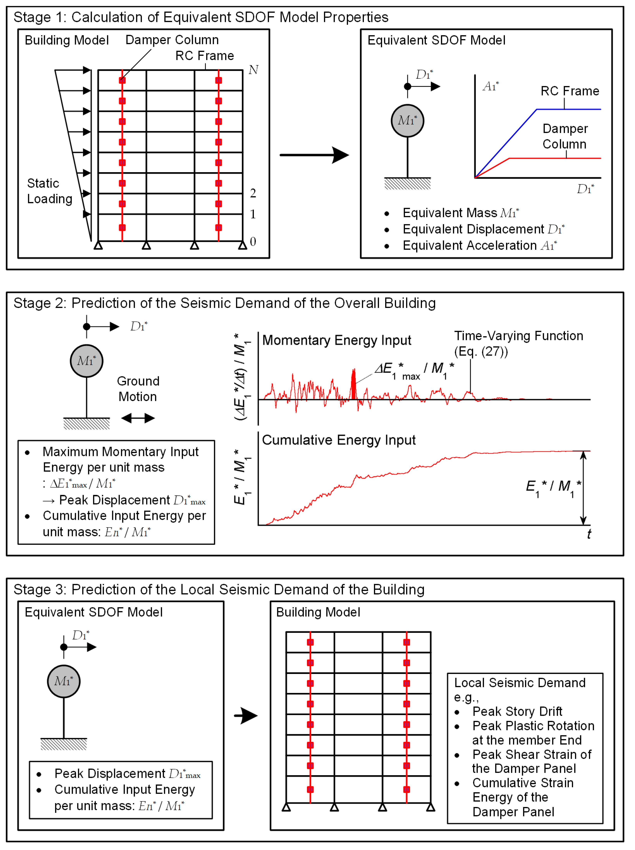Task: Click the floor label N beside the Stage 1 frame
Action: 253,70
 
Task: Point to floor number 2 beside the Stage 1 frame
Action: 253,193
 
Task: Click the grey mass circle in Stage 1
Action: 407,121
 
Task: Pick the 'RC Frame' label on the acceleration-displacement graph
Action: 570,91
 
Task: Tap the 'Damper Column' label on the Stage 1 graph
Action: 565,136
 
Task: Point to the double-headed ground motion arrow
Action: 138,418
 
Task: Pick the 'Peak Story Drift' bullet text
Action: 517,711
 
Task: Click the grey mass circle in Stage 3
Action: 64,681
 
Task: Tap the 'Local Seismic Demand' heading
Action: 520,683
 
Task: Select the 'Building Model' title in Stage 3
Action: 318,612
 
